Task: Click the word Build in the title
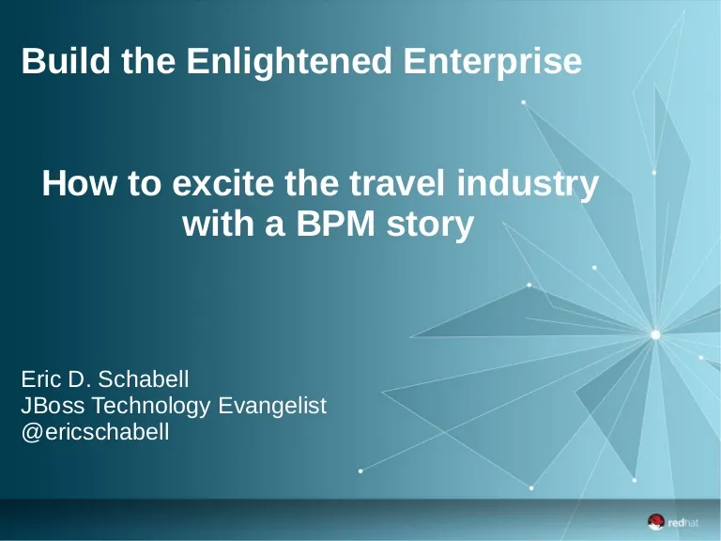point(66,60)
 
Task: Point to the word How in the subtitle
point(79,182)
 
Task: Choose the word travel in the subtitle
point(397,182)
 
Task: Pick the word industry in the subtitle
point(528,185)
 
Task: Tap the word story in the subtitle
point(430,226)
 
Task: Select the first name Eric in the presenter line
point(41,379)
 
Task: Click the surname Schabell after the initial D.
point(143,379)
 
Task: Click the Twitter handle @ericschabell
point(95,432)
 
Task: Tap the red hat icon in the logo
point(656,522)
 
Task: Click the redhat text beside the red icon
point(683,522)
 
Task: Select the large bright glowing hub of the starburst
point(655,335)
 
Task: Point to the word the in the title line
point(148,60)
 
